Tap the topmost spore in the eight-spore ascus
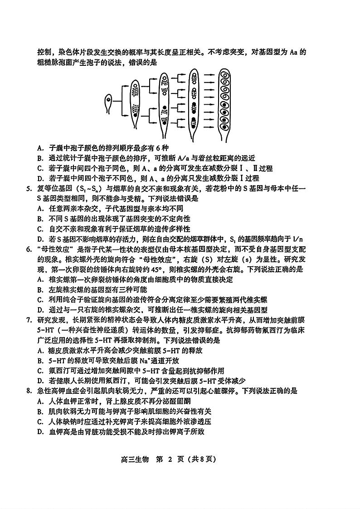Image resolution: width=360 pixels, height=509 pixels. pos(224,77)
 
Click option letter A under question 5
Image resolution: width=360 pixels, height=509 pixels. pos(40,208)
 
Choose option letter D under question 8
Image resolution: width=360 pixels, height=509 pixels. pos(40,431)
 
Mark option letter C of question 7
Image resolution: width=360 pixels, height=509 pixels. pos(40,371)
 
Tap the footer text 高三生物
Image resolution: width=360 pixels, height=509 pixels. pos(128,459)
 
